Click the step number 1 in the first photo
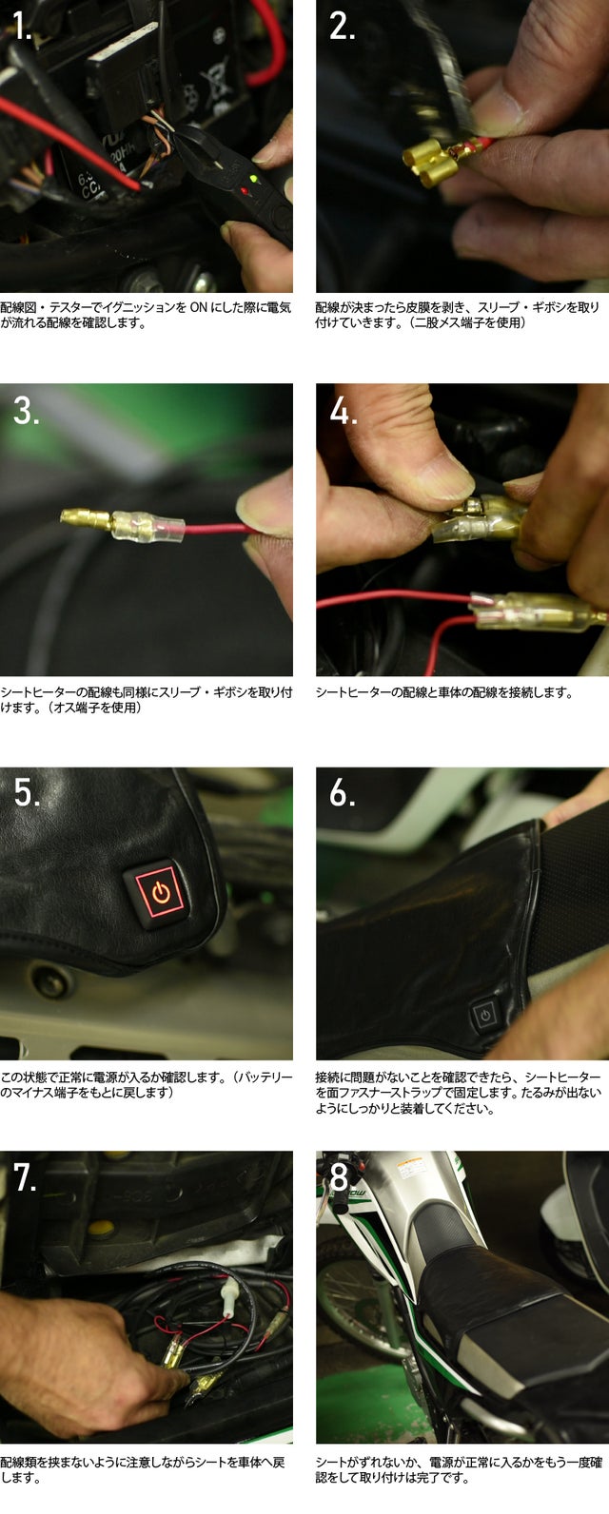coord(23,27)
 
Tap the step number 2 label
coord(342,27)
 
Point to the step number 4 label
coord(344,411)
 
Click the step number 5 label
coord(27,793)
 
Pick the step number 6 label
coord(342,793)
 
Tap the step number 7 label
coord(26,1178)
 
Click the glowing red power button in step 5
coord(160,894)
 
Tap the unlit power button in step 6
coord(484,1015)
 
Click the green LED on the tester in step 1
coord(253,180)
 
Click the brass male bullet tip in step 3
coord(86,519)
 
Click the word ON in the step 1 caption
coord(198,307)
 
